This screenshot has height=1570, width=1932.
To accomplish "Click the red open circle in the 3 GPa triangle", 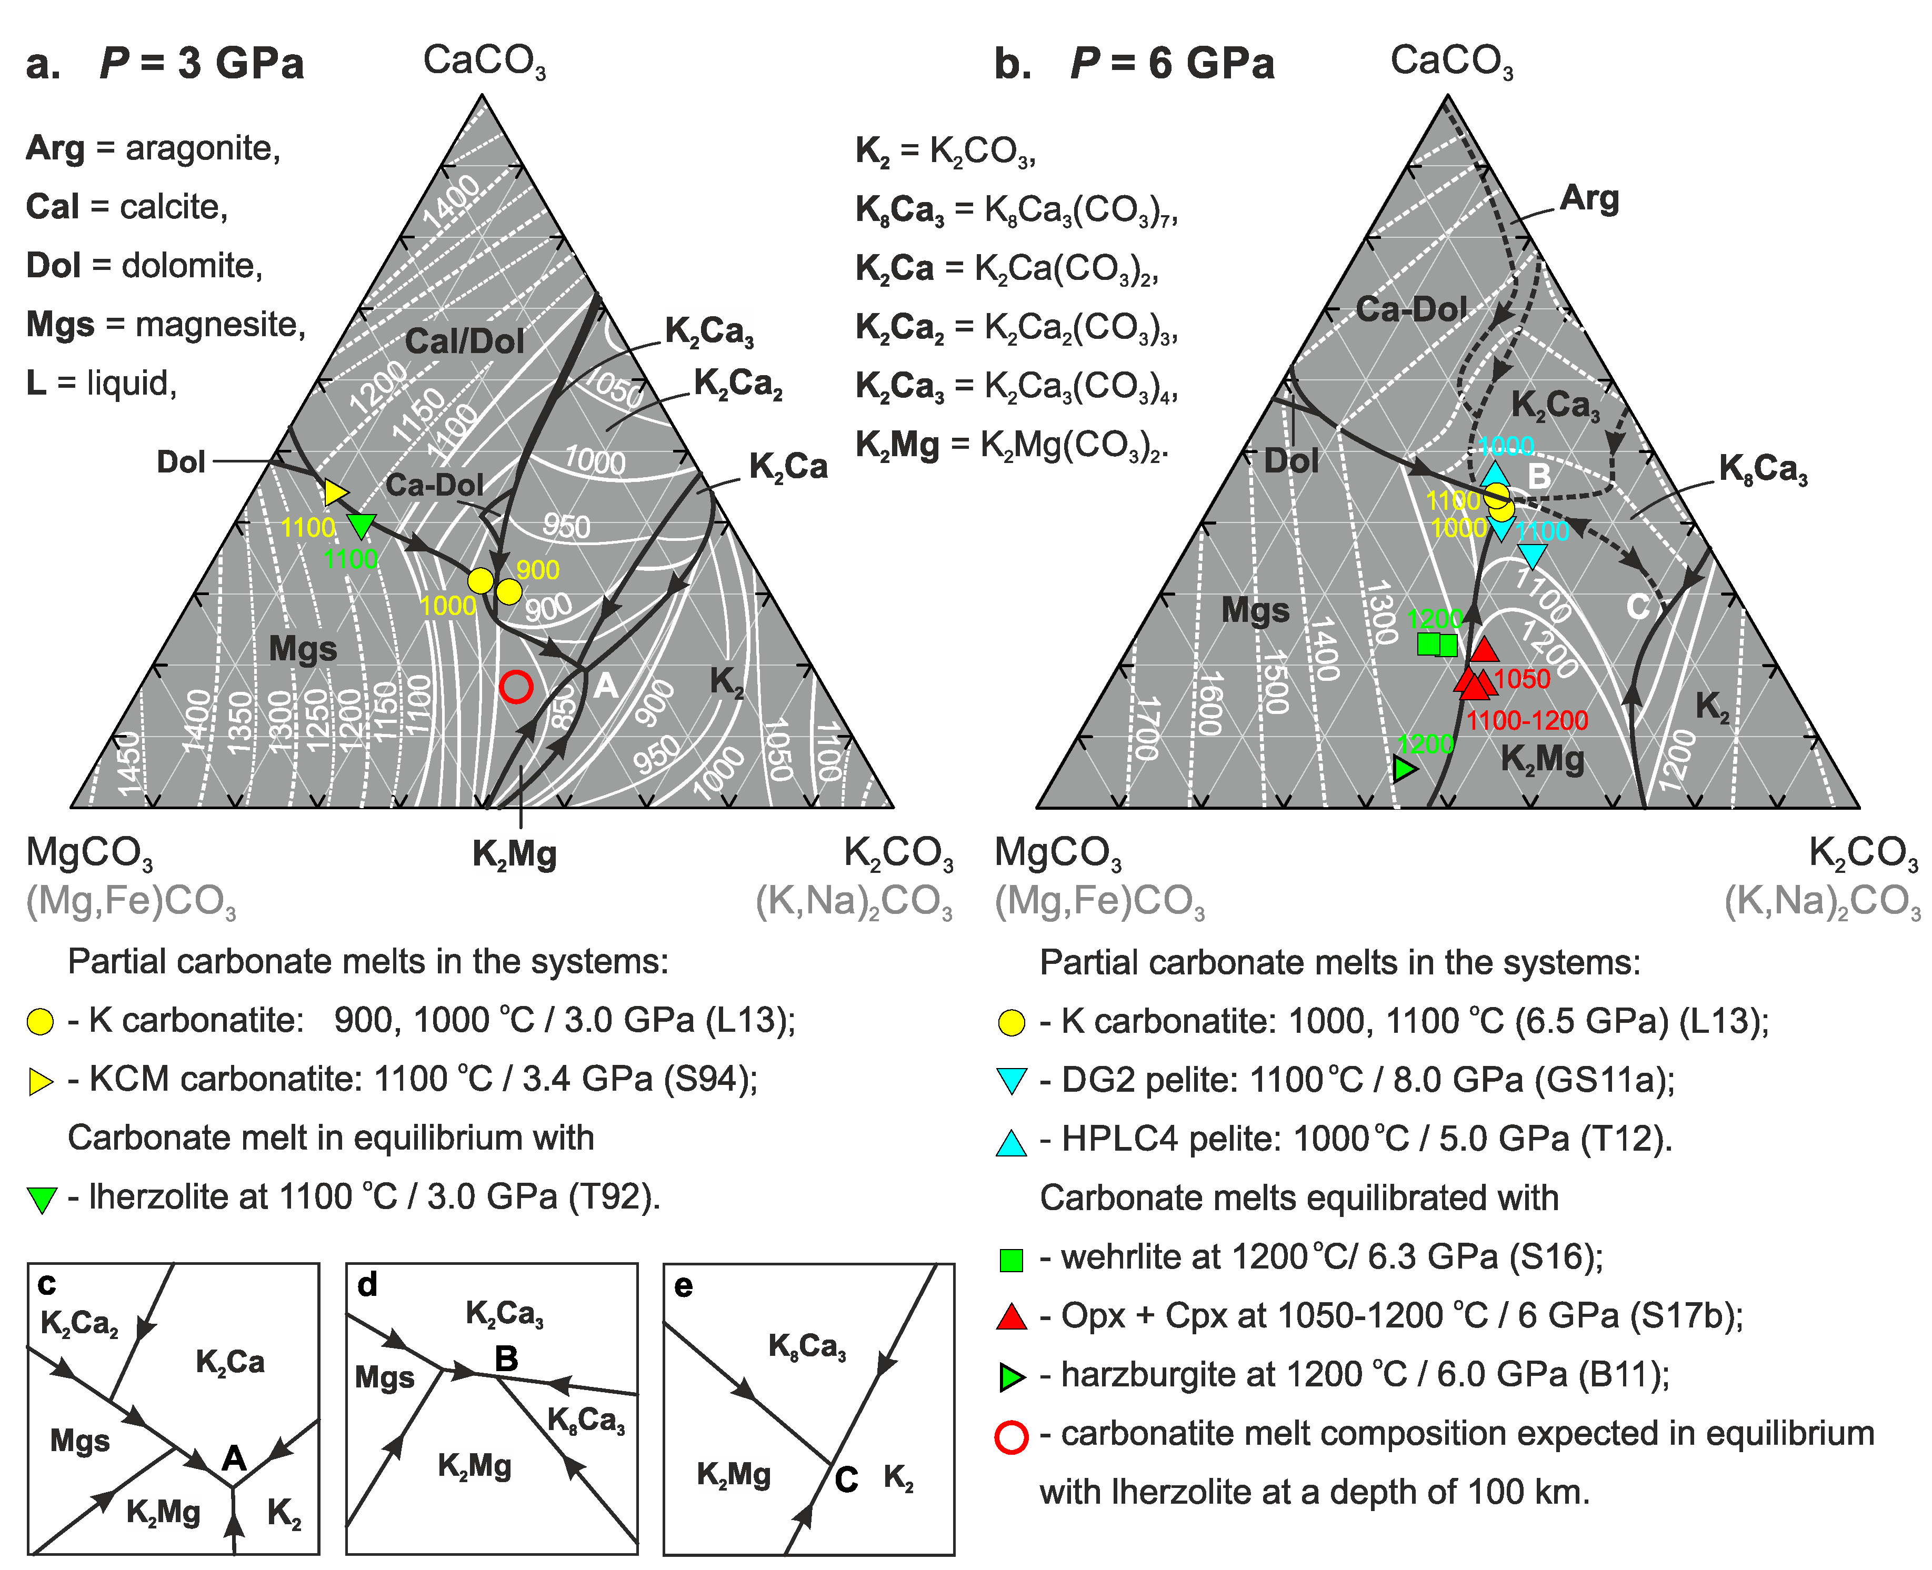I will click(516, 687).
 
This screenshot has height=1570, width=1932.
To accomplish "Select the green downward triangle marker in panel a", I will click(362, 525).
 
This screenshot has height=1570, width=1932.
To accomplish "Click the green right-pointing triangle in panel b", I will click(1404, 769).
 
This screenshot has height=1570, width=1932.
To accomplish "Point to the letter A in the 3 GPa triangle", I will click(606, 687).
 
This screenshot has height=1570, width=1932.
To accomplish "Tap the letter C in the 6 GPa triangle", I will click(1638, 607).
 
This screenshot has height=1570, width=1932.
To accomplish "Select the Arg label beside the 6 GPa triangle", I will click(1589, 198).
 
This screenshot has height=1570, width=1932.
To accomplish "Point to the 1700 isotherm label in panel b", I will click(1147, 728).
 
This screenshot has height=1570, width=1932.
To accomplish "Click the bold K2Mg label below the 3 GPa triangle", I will click(515, 854).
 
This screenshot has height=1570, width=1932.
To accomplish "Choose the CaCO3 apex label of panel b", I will click(1451, 62).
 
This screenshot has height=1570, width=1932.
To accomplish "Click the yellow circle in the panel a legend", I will click(41, 1022).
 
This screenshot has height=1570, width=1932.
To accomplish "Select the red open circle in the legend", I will click(1010, 1436).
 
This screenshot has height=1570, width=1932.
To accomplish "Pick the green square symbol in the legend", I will click(1011, 1260).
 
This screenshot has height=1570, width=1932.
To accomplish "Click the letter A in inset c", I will click(234, 1458).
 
